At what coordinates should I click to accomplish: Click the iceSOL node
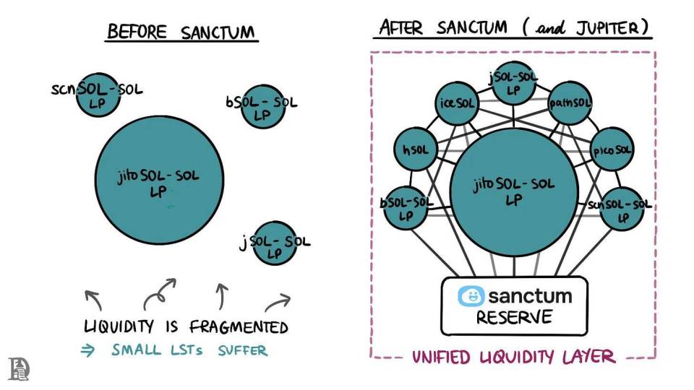pyautogui.click(x=456, y=104)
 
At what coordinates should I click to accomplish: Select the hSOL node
pyautogui.click(x=414, y=151)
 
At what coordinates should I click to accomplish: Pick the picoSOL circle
pyautogui.click(x=612, y=151)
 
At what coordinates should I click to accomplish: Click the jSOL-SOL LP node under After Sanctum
pyautogui.click(x=513, y=84)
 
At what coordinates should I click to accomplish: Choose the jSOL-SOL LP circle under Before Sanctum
pyautogui.click(x=274, y=243)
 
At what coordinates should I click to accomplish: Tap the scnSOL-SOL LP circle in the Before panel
pyautogui.click(x=98, y=94)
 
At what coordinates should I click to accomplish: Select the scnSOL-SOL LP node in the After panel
pyautogui.click(x=621, y=208)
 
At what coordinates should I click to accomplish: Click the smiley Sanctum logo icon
pyautogui.click(x=471, y=296)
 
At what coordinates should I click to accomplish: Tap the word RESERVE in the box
pyautogui.click(x=514, y=318)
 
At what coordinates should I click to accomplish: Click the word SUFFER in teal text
pyautogui.click(x=242, y=351)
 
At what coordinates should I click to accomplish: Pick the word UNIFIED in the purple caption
pyautogui.click(x=441, y=357)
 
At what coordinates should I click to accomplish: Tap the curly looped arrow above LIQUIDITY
pyautogui.click(x=160, y=293)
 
